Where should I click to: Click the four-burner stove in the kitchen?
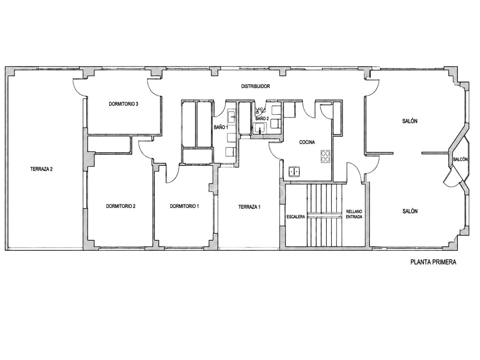point(325,156)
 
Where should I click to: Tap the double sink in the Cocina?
point(294,172)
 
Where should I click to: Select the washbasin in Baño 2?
point(260,128)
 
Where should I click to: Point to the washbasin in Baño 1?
point(231,117)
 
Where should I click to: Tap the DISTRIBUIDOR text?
point(255,86)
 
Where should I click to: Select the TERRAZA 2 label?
point(41,169)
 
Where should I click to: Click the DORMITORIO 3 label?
point(123,104)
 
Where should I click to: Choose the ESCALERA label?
point(295,217)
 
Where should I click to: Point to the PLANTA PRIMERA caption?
point(433,262)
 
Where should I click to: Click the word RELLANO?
point(354,211)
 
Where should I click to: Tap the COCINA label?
point(307,142)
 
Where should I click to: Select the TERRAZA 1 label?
point(249,207)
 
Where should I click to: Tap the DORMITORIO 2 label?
point(121,206)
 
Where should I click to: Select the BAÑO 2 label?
point(262,119)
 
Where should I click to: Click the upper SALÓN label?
point(410,121)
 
